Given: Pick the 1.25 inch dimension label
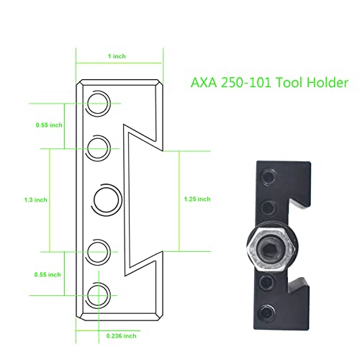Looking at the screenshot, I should [x=197, y=199].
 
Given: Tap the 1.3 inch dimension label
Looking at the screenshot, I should [x=35, y=199].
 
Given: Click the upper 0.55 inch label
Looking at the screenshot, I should [x=48, y=125].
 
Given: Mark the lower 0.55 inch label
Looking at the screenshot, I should [x=48, y=274].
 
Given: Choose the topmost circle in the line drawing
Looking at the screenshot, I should [x=99, y=102].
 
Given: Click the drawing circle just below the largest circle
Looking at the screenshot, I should [x=99, y=250].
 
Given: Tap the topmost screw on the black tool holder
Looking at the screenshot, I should [x=269, y=176].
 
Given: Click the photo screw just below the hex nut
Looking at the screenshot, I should [x=268, y=279].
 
